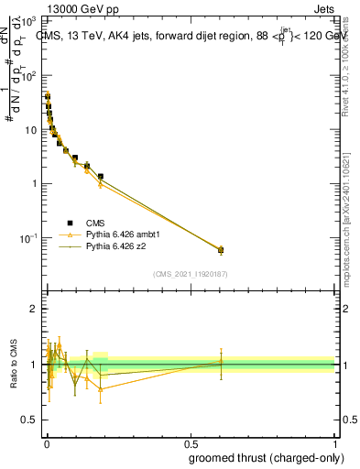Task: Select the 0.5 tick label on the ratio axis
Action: pyautogui.click(x=30, y=420)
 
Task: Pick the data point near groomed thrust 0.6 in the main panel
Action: pyautogui.click(x=221, y=249)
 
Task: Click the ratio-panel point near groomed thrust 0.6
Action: pyautogui.click(x=221, y=362)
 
